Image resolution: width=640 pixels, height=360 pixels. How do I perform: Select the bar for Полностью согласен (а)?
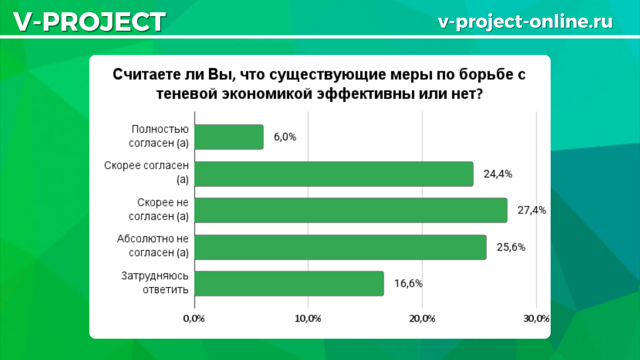(x=229, y=137)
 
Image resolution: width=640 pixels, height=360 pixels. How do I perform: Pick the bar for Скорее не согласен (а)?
(x=351, y=210)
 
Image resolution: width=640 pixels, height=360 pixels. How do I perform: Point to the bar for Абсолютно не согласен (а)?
(x=341, y=247)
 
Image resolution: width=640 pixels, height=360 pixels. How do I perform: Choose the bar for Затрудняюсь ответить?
(x=290, y=283)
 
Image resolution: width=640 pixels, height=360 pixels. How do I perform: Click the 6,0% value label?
(x=285, y=137)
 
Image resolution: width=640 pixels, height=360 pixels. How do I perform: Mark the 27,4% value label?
(x=531, y=210)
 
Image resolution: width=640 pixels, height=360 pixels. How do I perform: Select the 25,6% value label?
(x=511, y=247)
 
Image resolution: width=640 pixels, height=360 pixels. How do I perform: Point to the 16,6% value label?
(x=408, y=283)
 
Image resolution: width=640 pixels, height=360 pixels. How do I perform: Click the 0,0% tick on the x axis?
(x=194, y=319)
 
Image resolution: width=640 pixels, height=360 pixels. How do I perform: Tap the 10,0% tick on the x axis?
(x=307, y=319)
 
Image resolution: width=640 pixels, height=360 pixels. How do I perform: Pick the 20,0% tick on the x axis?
(x=422, y=319)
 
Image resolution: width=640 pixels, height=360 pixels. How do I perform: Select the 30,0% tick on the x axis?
(x=535, y=319)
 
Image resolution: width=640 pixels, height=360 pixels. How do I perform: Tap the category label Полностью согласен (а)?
(x=160, y=137)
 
